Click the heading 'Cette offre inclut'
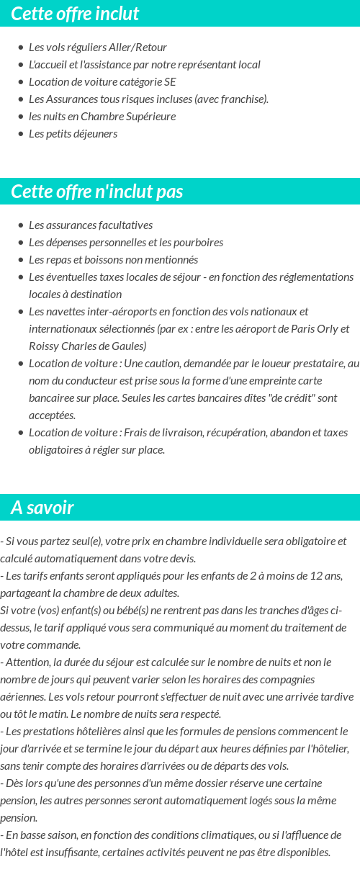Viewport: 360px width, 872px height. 75,14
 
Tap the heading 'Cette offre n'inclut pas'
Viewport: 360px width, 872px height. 97,192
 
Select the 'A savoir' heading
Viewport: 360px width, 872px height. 42,508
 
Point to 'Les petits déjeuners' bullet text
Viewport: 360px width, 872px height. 73,134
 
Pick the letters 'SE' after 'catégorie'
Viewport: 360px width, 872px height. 170,82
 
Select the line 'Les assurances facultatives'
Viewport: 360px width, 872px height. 91,225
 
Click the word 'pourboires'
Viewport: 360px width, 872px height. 199,243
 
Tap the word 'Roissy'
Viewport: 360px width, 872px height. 44,346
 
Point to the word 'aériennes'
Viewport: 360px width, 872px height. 24,697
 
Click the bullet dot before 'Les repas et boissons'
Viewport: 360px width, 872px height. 20,260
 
